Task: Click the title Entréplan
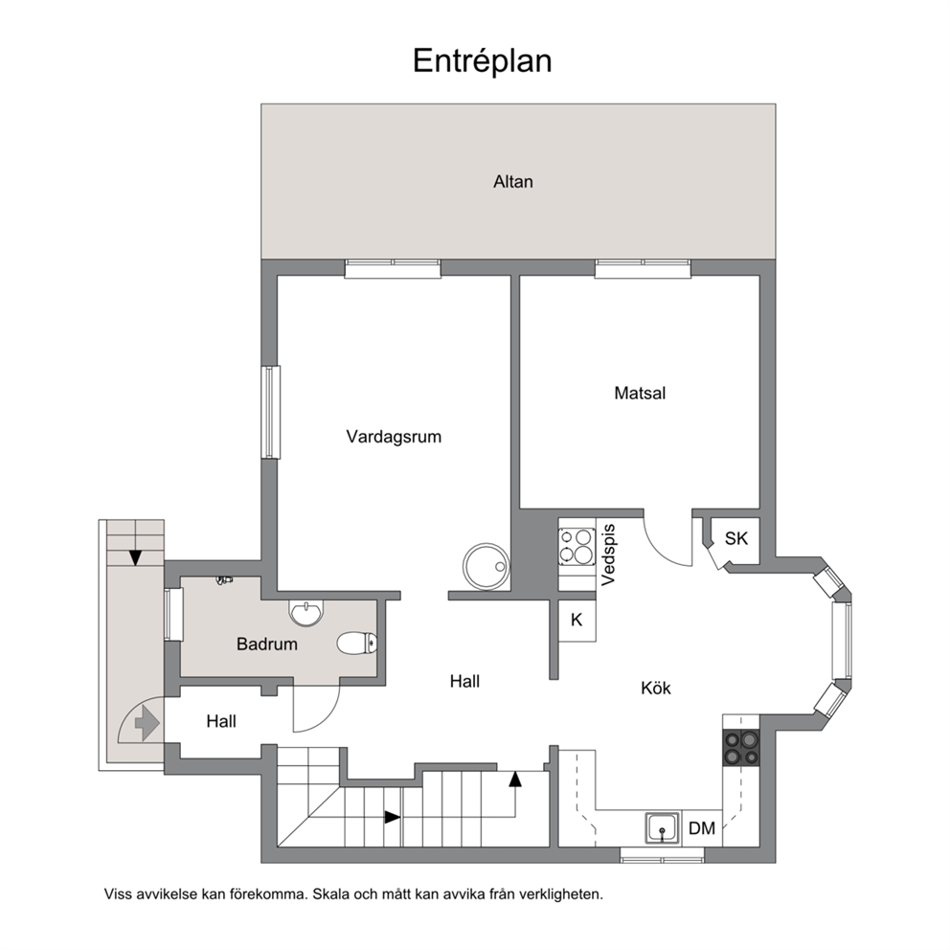pyautogui.click(x=483, y=61)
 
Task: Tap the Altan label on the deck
pyautogui.click(x=513, y=182)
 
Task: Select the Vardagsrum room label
pyautogui.click(x=394, y=437)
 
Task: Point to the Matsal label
pyautogui.click(x=640, y=394)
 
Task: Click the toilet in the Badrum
pyautogui.click(x=357, y=644)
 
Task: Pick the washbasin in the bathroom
pyautogui.click(x=307, y=612)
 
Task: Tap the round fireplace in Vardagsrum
pyautogui.click(x=486, y=566)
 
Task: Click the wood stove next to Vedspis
pyautogui.click(x=577, y=547)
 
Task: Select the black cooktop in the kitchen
pyautogui.click(x=741, y=748)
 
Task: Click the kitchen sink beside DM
pyautogui.click(x=662, y=827)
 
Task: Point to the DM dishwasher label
pyautogui.click(x=702, y=828)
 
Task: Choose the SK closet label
pyautogui.click(x=736, y=538)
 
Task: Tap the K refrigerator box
pyautogui.click(x=577, y=620)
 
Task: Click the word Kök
pyautogui.click(x=656, y=689)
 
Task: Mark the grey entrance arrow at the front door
pyautogui.click(x=147, y=723)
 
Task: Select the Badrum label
pyautogui.click(x=267, y=645)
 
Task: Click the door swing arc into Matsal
pyautogui.click(x=661, y=550)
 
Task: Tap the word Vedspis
pyautogui.click(x=608, y=555)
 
